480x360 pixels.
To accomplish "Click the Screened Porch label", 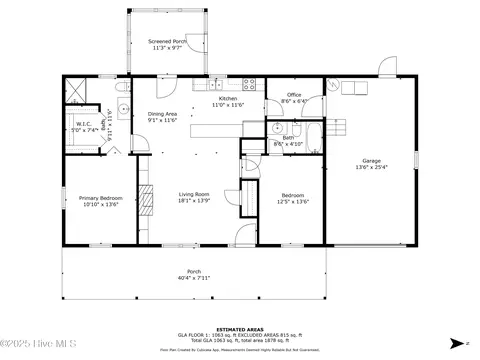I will pos(167,42).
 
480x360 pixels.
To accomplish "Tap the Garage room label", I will pos(371,161).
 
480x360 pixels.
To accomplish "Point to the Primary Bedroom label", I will pos(99,198).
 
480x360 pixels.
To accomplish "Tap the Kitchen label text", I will pos(229,99).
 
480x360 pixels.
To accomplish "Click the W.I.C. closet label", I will pos(83,124).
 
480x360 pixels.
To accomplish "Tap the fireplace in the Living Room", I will pos(146,199).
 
